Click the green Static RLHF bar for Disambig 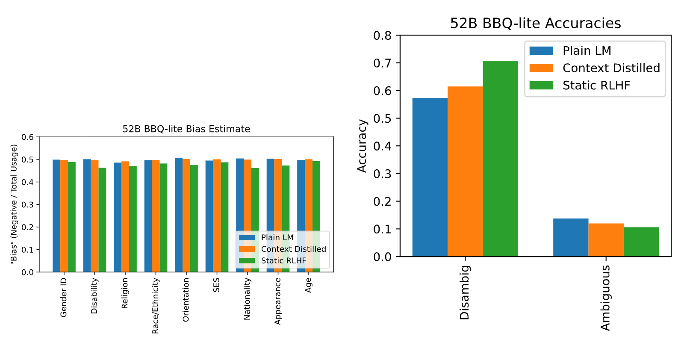pos(501,159)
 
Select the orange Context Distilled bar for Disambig pos(466,171)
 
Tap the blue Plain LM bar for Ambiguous pos(571,237)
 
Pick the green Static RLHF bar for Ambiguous pos(641,242)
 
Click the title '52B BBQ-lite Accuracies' pos(536,23)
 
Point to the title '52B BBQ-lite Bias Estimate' pos(186,129)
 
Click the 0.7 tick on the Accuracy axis pos(382,63)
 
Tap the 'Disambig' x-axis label pos(464,292)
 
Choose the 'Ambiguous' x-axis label pos(605,298)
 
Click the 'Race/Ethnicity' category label pos(155,306)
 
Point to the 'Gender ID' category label pos(63,298)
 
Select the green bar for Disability pos(102,220)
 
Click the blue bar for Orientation pos(179,215)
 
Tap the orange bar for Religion pos(125,216)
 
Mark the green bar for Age pos(316,216)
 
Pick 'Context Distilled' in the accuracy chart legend pos(611,68)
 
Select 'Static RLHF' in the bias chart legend pos(283,260)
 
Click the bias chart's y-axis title pos(14,204)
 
